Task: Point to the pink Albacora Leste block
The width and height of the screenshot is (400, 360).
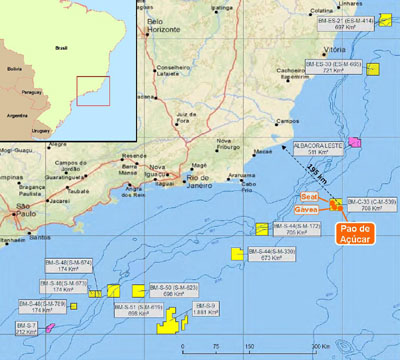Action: (356, 141)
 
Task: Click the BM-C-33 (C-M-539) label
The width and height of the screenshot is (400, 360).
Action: (371, 205)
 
